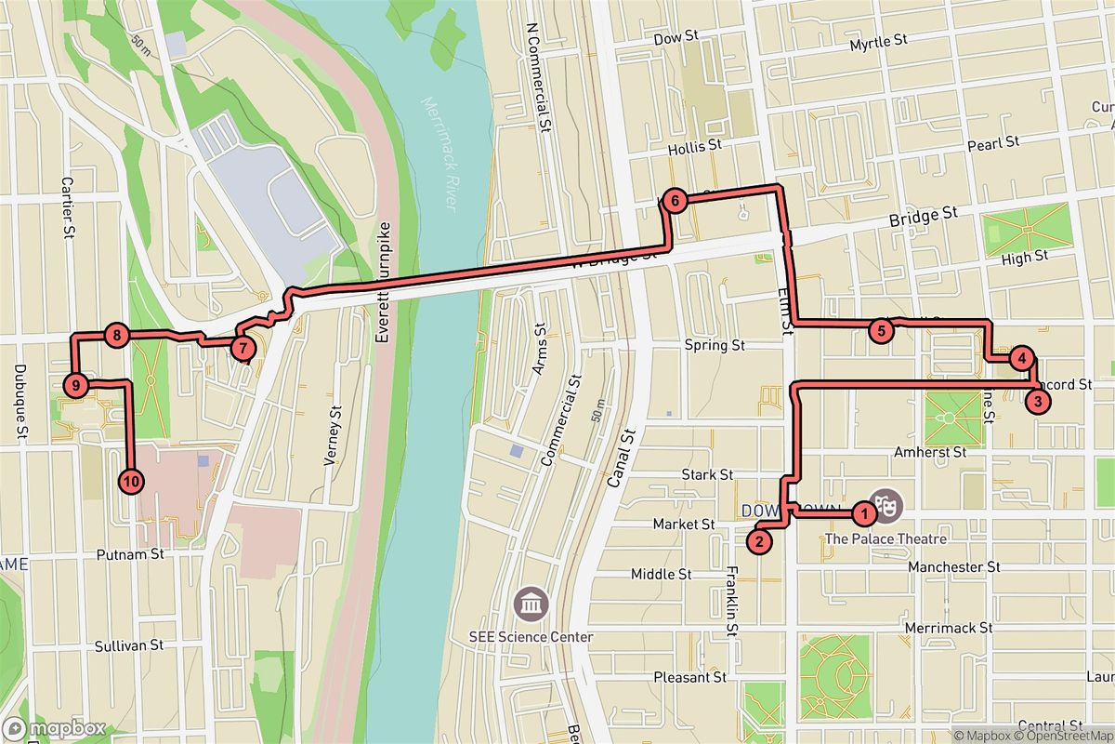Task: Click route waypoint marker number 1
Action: pyautogui.click(x=863, y=511)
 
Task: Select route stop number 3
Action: pyautogui.click(x=1037, y=402)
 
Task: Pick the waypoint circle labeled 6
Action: pyautogui.click(x=675, y=200)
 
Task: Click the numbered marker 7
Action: pyautogui.click(x=242, y=349)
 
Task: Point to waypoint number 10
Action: pyautogui.click(x=131, y=481)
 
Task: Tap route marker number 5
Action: pyautogui.click(x=881, y=329)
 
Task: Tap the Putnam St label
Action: pyautogui.click(x=130, y=554)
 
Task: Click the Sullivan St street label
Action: pyautogui.click(x=130, y=644)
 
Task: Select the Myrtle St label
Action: pyautogui.click(x=878, y=42)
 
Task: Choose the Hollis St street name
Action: pyautogui.click(x=694, y=146)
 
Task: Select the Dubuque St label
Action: pyautogui.click(x=20, y=401)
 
